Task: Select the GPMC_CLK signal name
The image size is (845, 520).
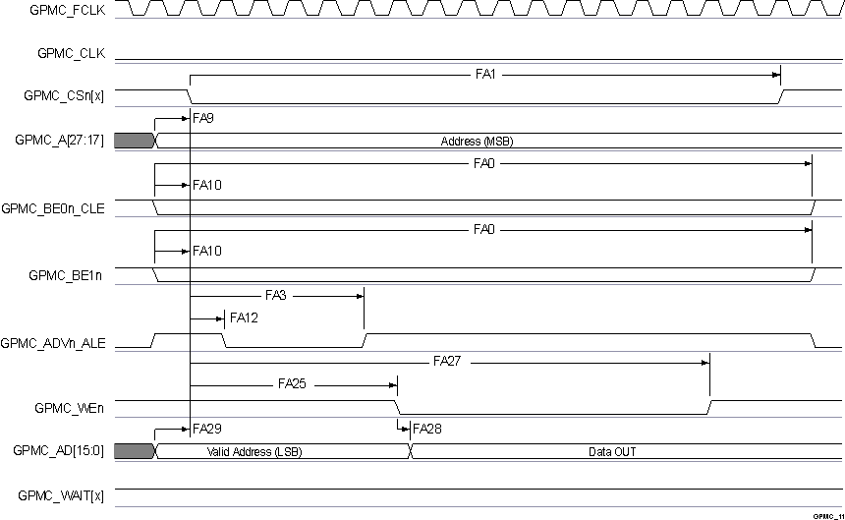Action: [x=72, y=54]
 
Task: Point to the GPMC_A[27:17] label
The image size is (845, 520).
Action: [x=60, y=140]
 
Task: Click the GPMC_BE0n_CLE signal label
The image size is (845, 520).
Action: [x=53, y=208]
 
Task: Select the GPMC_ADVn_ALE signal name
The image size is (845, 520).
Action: [x=54, y=344]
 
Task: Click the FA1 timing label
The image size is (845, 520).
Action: [x=483, y=73]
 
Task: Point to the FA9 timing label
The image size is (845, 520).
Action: [x=203, y=117]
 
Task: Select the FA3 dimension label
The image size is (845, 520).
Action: [x=275, y=294]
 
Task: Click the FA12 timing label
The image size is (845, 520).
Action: [x=244, y=318]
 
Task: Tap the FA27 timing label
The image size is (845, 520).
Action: [x=447, y=362]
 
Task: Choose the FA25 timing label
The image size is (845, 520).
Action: [x=292, y=385]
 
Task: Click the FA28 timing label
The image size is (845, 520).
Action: [x=427, y=430]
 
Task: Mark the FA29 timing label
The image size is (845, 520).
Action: [x=207, y=430]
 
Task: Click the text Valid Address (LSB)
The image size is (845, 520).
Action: [x=254, y=452]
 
